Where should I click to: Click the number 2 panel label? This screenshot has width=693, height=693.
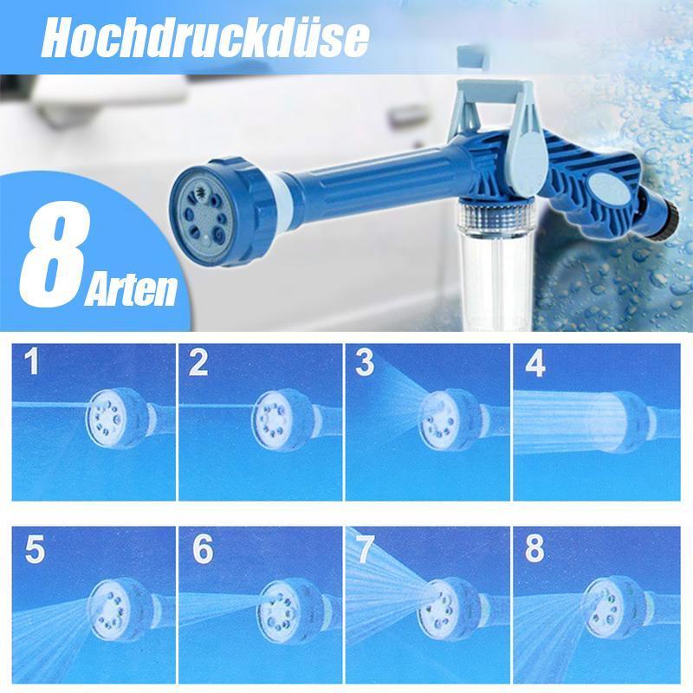199,363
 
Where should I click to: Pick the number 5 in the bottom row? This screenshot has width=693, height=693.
35,552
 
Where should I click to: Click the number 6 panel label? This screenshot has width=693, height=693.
201,552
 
